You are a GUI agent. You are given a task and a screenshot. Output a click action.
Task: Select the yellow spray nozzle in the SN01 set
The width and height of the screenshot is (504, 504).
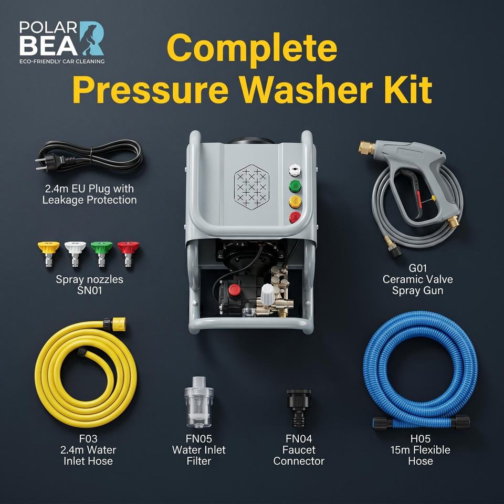(48, 254)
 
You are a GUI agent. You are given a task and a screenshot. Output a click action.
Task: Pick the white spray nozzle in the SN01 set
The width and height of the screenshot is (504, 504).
(75, 254)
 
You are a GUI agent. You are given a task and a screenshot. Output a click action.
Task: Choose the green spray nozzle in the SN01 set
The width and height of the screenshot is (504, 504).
(101, 254)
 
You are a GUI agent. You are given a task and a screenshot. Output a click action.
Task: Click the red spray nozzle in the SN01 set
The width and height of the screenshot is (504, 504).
(128, 254)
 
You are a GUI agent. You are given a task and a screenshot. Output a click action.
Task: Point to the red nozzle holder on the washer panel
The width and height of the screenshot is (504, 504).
(295, 217)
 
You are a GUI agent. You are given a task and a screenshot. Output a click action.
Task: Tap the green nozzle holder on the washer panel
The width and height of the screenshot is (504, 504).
(295, 186)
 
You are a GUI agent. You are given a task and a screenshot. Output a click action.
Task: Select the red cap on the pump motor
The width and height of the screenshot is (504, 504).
(234, 290)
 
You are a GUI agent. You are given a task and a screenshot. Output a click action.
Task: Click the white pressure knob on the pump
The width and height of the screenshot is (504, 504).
(267, 294)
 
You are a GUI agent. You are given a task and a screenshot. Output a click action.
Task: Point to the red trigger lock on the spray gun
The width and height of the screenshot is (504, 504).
(418, 198)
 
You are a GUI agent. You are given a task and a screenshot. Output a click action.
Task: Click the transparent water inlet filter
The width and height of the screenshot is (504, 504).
(198, 402)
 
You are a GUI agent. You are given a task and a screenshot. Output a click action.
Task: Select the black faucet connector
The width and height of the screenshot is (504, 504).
(299, 407)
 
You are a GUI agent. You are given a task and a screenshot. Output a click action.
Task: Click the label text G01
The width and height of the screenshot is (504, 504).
(417, 268)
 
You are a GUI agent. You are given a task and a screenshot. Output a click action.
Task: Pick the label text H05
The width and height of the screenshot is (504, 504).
(421, 439)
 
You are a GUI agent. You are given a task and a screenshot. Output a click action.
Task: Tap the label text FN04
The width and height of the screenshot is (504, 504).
(299, 439)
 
